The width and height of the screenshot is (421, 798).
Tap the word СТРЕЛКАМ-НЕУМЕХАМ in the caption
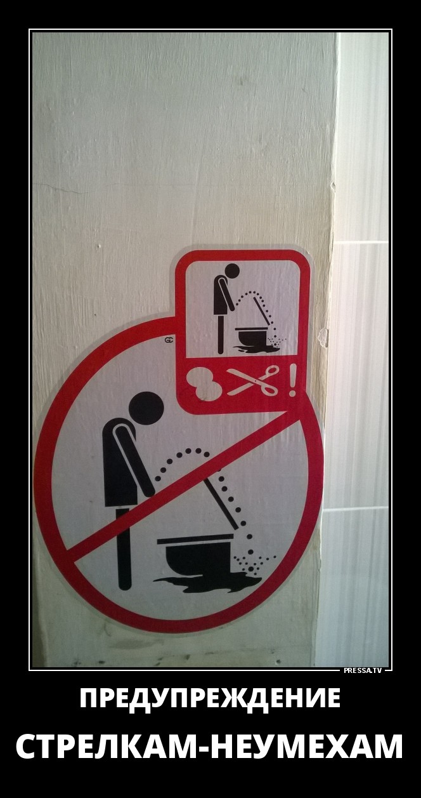click(x=210, y=768)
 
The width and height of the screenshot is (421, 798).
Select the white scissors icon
click(x=252, y=380)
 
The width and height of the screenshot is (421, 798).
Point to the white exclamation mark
click(x=292, y=380)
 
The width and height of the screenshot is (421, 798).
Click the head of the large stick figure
click(x=146, y=409)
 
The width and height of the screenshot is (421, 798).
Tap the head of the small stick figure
click(x=231, y=272)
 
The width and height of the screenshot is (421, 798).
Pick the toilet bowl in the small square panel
click(x=251, y=336)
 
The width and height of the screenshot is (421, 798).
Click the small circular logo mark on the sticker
click(x=169, y=340)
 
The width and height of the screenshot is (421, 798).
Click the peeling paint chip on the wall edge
click(x=324, y=336)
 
